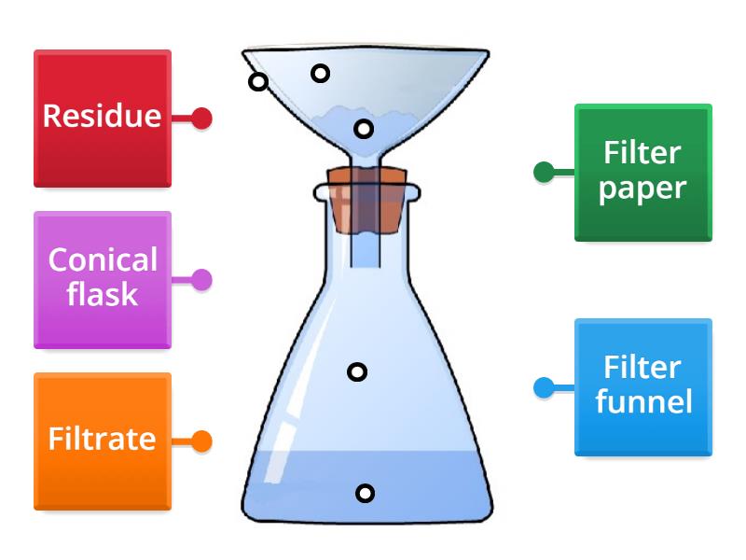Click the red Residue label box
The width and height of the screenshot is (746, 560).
103,118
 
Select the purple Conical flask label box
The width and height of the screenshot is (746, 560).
103,279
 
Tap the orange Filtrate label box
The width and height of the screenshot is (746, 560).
103,441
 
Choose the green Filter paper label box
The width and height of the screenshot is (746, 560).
642,172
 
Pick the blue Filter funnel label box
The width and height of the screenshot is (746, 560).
642,386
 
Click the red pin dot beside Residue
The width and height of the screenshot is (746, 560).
201,119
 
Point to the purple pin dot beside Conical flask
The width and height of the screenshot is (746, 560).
201,279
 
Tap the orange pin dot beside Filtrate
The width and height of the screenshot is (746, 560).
201,441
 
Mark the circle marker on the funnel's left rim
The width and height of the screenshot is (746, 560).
258,81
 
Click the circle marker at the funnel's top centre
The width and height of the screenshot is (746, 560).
320,73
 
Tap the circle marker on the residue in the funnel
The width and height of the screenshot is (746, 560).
364,128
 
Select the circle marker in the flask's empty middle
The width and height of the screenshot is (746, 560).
357,372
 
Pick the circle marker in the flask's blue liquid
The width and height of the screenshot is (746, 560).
365,493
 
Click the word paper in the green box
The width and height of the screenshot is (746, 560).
642,189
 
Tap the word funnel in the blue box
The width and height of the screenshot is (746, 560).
643,402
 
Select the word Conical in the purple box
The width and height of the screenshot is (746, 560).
103,260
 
